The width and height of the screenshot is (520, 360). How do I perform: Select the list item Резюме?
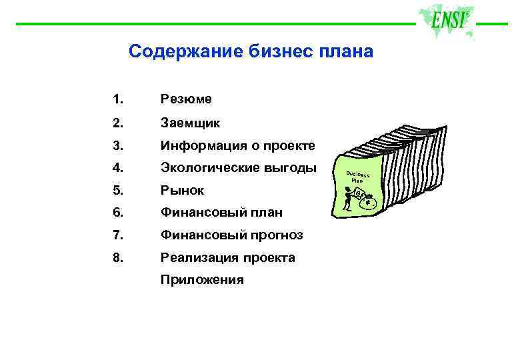(x=186, y=99)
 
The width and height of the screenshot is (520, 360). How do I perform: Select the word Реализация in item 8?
(x=195, y=258)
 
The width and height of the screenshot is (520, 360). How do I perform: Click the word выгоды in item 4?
(x=292, y=168)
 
